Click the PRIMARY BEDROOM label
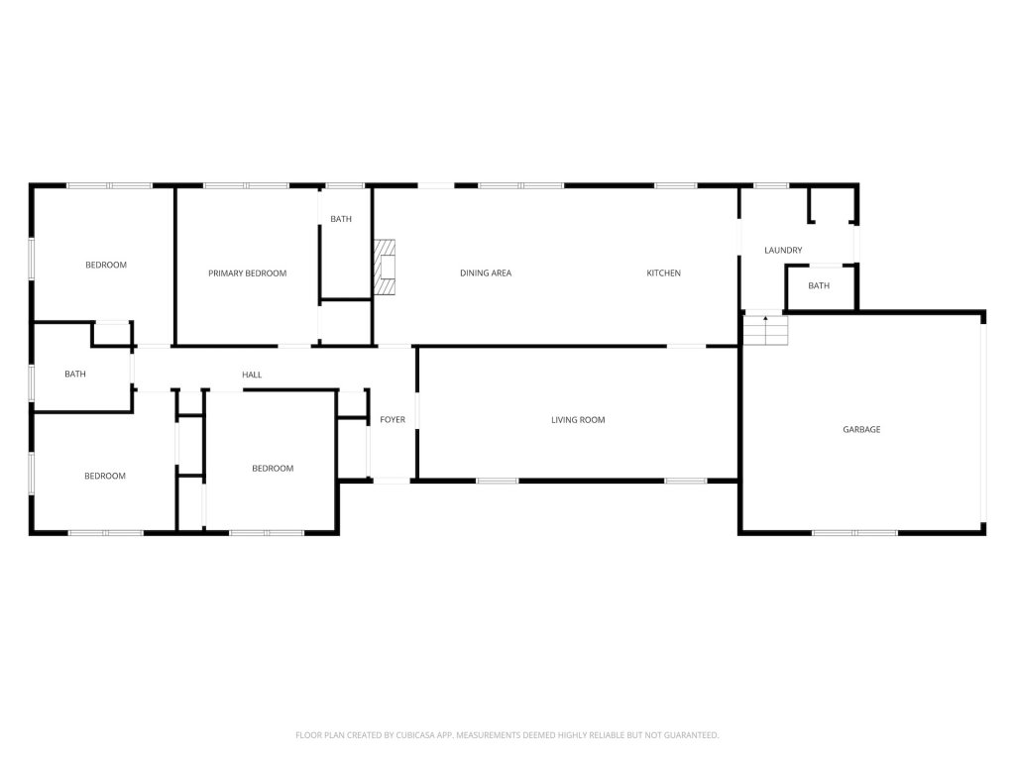click(247, 273)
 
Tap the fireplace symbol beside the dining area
click(385, 268)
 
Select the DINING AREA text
click(486, 273)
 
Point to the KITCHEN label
click(663, 273)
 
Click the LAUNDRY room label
click(783, 250)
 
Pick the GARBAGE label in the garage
click(861, 429)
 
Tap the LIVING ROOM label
click(578, 420)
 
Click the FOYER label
click(393, 420)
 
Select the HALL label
click(252, 375)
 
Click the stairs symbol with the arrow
click(766, 330)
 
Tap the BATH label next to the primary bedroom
click(341, 219)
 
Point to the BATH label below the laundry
click(819, 285)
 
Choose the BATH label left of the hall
click(75, 374)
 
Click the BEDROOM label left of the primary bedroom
click(106, 265)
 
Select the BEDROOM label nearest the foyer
click(273, 469)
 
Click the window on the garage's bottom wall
click(854, 532)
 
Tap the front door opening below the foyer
click(392, 481)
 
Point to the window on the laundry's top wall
click(771, 185)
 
